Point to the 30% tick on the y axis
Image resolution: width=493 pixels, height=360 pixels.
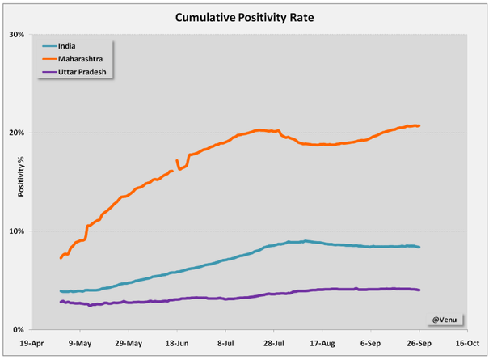17,34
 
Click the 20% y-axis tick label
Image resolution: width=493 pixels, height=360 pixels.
17,133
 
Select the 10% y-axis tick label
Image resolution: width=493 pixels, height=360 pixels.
17,231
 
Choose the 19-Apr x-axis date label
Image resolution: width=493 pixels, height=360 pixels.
32,343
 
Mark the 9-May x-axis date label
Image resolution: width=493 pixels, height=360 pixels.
80,343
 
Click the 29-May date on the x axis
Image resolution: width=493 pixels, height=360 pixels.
129,343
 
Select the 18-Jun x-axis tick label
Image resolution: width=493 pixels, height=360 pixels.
177,343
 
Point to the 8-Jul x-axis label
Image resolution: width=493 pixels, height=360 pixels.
225,343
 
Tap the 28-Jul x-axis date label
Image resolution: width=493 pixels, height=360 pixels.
274,343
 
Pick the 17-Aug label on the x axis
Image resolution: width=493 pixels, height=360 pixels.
322,343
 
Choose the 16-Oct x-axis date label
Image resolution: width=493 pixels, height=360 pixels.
467,343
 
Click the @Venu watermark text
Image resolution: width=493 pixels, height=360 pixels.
441,318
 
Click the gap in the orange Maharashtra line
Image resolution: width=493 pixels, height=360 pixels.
175,166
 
